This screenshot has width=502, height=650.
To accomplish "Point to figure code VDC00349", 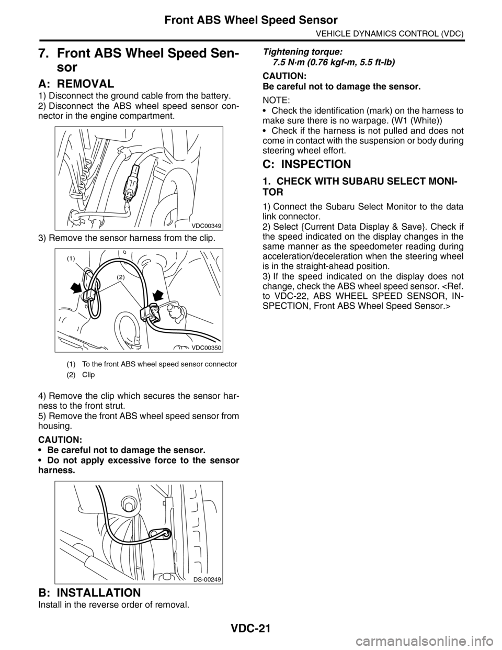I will click(206, 226).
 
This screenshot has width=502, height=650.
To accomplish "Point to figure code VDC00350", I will click(207, 348).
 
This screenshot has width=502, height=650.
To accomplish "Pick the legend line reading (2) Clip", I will click(81, 375).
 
